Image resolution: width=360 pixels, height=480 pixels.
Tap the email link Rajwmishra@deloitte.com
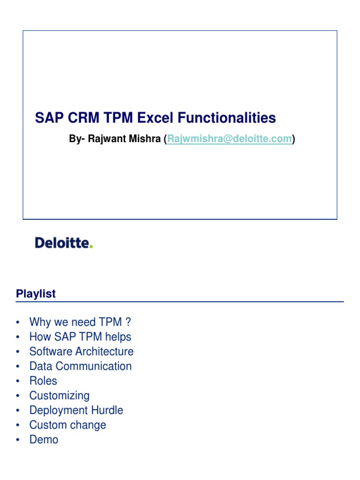pos(229,139)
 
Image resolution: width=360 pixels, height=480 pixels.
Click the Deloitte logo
pos(64,243)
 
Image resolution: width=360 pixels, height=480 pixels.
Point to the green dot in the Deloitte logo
pos(91,247)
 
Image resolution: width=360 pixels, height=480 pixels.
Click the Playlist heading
pos(36,294)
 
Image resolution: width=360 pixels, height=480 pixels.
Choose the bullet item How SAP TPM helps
pos(80,337)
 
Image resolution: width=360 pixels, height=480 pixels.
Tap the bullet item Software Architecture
pos(81,352)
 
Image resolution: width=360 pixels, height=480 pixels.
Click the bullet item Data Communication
pos(80,366)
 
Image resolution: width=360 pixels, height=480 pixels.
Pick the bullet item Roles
pos(43,381)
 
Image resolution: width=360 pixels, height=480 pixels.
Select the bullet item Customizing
pos(59,396)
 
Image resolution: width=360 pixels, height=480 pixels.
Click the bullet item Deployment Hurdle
pos(76,410)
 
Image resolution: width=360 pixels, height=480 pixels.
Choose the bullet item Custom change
pos(67,425)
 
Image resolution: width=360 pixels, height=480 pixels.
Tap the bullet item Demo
pos(44,440)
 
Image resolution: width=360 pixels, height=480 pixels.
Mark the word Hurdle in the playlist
pos(108,410)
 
